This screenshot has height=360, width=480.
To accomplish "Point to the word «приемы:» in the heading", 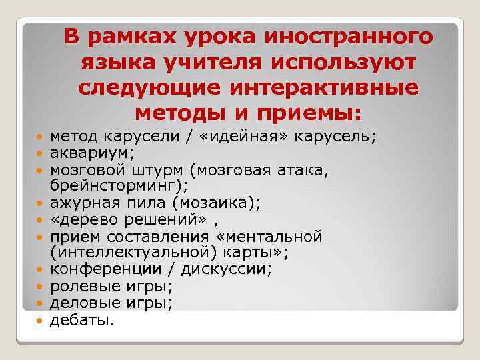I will pyautogui.click(x=314, y=113).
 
